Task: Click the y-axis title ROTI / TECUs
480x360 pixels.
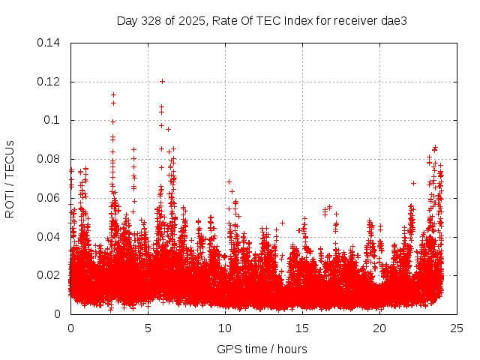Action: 10,178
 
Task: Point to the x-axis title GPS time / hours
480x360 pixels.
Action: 262,349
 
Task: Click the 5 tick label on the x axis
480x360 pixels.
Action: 148,328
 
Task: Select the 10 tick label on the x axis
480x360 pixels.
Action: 225,328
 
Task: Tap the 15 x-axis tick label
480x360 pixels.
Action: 302,328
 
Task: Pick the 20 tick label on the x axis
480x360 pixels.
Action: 379,328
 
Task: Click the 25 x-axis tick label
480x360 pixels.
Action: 457,328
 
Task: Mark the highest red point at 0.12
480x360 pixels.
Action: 162,81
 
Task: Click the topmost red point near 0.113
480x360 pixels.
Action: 113,94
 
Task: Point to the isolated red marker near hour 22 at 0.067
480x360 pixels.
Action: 413,183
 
